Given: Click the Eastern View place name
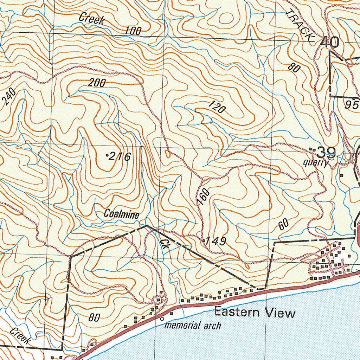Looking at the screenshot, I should tap(255, 313).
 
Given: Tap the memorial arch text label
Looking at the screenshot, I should tap(193, 326).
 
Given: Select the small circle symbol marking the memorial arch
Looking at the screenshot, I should tap(162, 319).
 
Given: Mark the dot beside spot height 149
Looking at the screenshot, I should tap(204, 240).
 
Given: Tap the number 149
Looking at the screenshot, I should tap(216, 241).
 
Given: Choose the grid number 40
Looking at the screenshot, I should tap(329, 42).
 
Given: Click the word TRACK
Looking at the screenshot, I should tap(299, 25).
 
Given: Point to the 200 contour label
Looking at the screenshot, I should tap(97, 83).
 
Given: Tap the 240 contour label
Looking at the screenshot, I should tap(8, 97).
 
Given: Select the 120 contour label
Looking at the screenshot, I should tap(217, 107).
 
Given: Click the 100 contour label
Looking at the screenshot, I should tap(133, 31).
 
